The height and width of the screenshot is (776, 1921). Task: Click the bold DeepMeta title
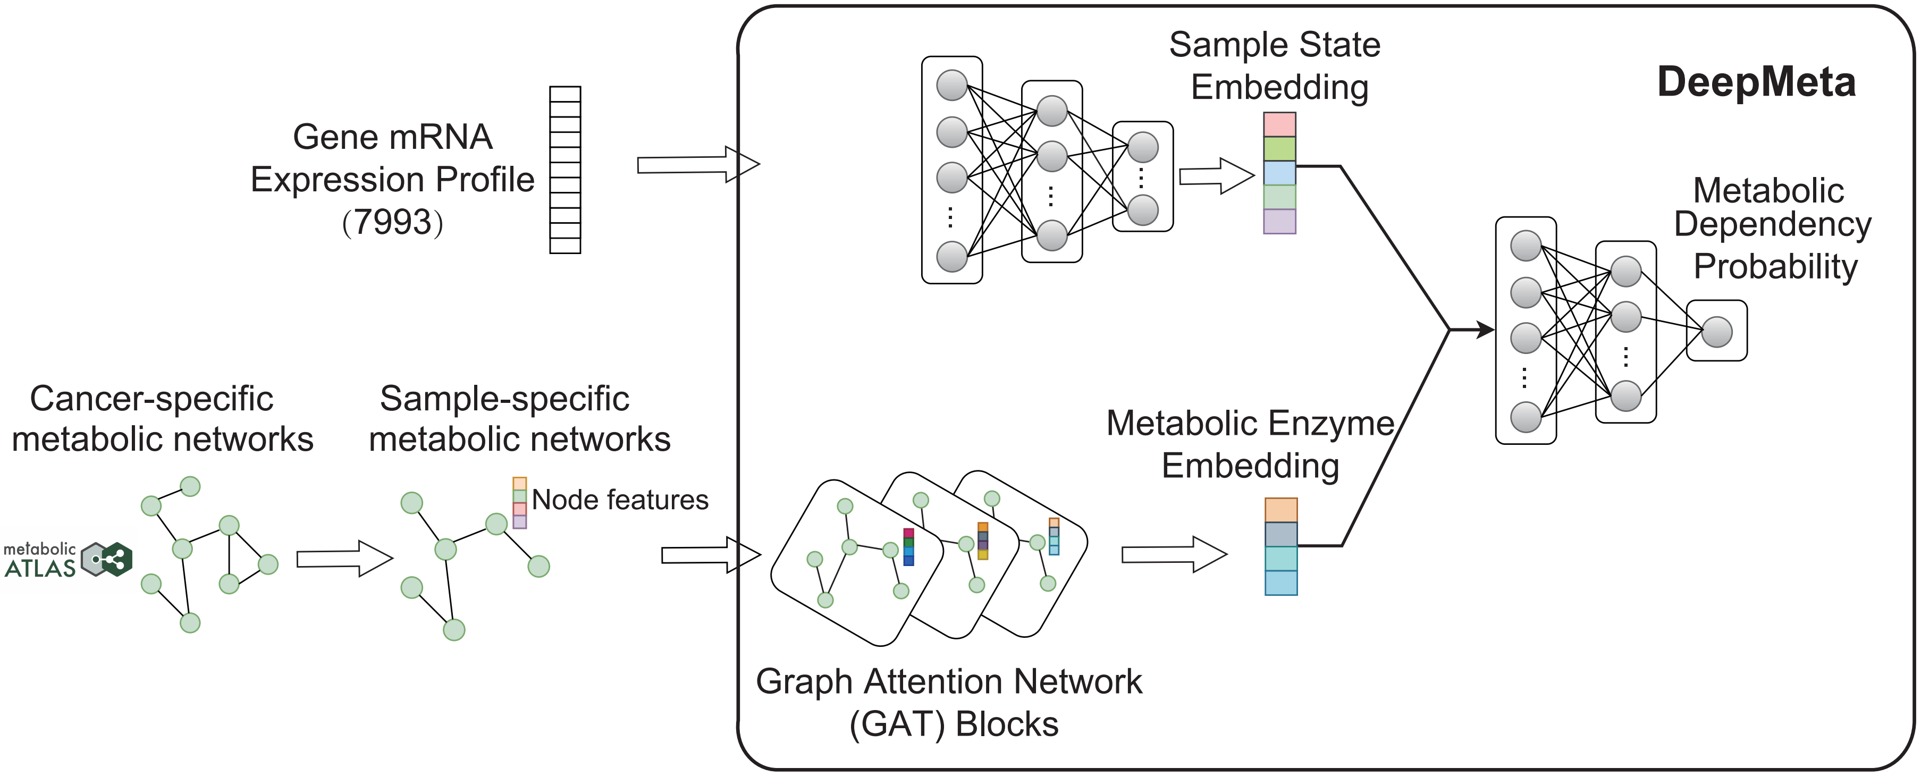1756,82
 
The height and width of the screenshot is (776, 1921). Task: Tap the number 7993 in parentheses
393,222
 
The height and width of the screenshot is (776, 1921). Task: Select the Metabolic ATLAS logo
68,560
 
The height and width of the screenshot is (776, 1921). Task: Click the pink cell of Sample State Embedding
1279,124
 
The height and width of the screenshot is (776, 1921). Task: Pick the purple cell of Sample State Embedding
1279,222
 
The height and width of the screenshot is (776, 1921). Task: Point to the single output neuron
1717,332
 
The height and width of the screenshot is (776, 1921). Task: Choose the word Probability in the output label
1775,267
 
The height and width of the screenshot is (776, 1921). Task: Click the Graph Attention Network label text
949,682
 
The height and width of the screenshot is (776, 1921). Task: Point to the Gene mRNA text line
392,137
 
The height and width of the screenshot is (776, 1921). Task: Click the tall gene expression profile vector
564,170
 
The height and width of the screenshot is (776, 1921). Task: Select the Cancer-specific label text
151,399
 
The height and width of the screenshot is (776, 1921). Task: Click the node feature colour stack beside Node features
520,503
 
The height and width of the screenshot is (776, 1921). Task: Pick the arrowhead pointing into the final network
1484,330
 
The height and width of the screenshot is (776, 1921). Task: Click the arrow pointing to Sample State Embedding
1216,176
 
